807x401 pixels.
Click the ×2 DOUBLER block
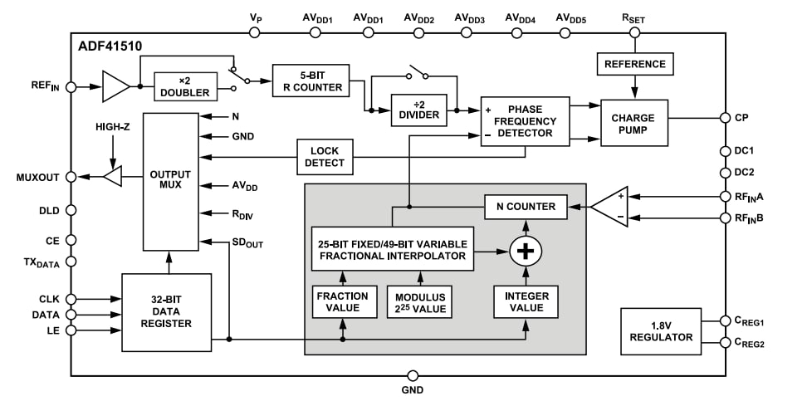tap(185, 86)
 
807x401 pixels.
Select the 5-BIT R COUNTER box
tap(311, 80)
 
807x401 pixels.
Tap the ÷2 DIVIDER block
tap(418, 109)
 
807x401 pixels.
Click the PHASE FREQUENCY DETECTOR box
tap(525, 121)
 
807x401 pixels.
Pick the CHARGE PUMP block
tap(633, 123)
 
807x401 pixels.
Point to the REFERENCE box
tap(634, 64)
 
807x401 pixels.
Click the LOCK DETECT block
tap(325, 157)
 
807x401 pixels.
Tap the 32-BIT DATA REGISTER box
tap(166, 311)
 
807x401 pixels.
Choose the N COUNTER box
tap(525, 206)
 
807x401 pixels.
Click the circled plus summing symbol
tap(525, 250)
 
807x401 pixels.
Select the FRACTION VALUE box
tap(342, 302)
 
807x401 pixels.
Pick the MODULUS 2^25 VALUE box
tap(420, 302)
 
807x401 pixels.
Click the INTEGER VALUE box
tap(525, 302)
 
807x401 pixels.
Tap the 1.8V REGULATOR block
tap(661, 330)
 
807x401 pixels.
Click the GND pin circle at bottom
tap(413, 376)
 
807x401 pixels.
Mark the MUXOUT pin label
tap(37, 177)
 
